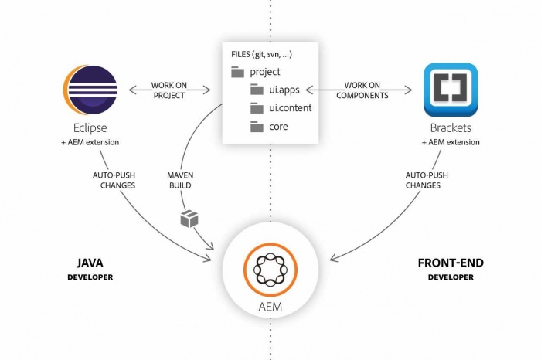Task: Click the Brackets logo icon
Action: coord(451,90)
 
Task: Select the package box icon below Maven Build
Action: coord(189,219)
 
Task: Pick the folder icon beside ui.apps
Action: coord(257,90)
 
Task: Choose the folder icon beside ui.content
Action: coord(257,107)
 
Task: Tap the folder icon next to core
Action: coord(257,125)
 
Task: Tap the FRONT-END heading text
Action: coord(451,263)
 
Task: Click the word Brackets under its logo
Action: coord(451,128)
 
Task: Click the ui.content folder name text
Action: coord(290,107)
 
